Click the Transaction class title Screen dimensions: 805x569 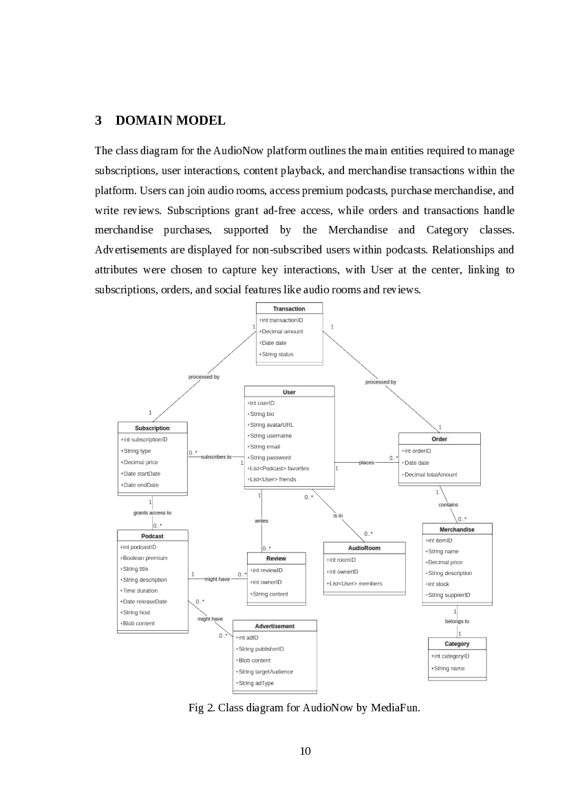click(288, 309)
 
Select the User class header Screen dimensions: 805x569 click(289, 392)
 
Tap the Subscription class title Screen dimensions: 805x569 click(152, 428)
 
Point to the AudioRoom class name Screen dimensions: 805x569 click(364, 548)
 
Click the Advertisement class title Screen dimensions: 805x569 click(275, 626)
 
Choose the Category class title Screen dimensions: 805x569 click(457, 644)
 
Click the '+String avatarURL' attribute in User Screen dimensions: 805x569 click(270, 425)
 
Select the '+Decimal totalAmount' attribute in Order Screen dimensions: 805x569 click(430, 474)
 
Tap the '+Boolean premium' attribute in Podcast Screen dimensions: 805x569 click(144, 558)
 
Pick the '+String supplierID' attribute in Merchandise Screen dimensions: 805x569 click(448, 595)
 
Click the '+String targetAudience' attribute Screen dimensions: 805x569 click(264, 671)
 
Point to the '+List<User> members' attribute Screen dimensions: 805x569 click(354, 584)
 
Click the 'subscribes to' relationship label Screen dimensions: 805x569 click(217, 457)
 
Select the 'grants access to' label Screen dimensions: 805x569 click(152, 513)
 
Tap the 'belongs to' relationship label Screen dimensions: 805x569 click(457, 621)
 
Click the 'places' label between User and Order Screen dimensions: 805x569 click(367, 463)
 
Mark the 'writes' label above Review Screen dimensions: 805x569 click(261, 521)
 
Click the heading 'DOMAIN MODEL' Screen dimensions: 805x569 click(170, 121)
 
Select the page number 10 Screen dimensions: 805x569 click(305, 751)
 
